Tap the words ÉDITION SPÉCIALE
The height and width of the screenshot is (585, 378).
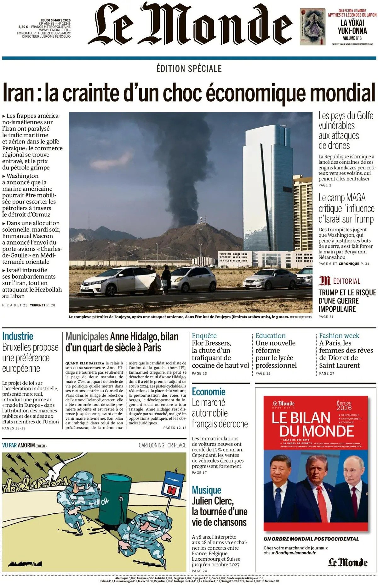pos(189,68)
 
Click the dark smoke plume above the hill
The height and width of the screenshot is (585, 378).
pos(186,164)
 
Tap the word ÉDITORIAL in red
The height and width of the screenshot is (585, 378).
pos(346,281)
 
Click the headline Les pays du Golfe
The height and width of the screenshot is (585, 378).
pos(346,116)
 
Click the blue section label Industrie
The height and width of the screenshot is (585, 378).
pos(18,336)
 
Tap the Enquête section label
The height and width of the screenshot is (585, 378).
pos(204,336)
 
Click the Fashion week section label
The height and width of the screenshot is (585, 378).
pos(339,336)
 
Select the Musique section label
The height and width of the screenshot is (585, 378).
pos(206,490)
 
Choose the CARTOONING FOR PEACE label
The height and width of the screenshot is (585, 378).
pos(162,445)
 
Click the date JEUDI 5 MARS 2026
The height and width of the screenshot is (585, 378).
pos(55,20)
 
